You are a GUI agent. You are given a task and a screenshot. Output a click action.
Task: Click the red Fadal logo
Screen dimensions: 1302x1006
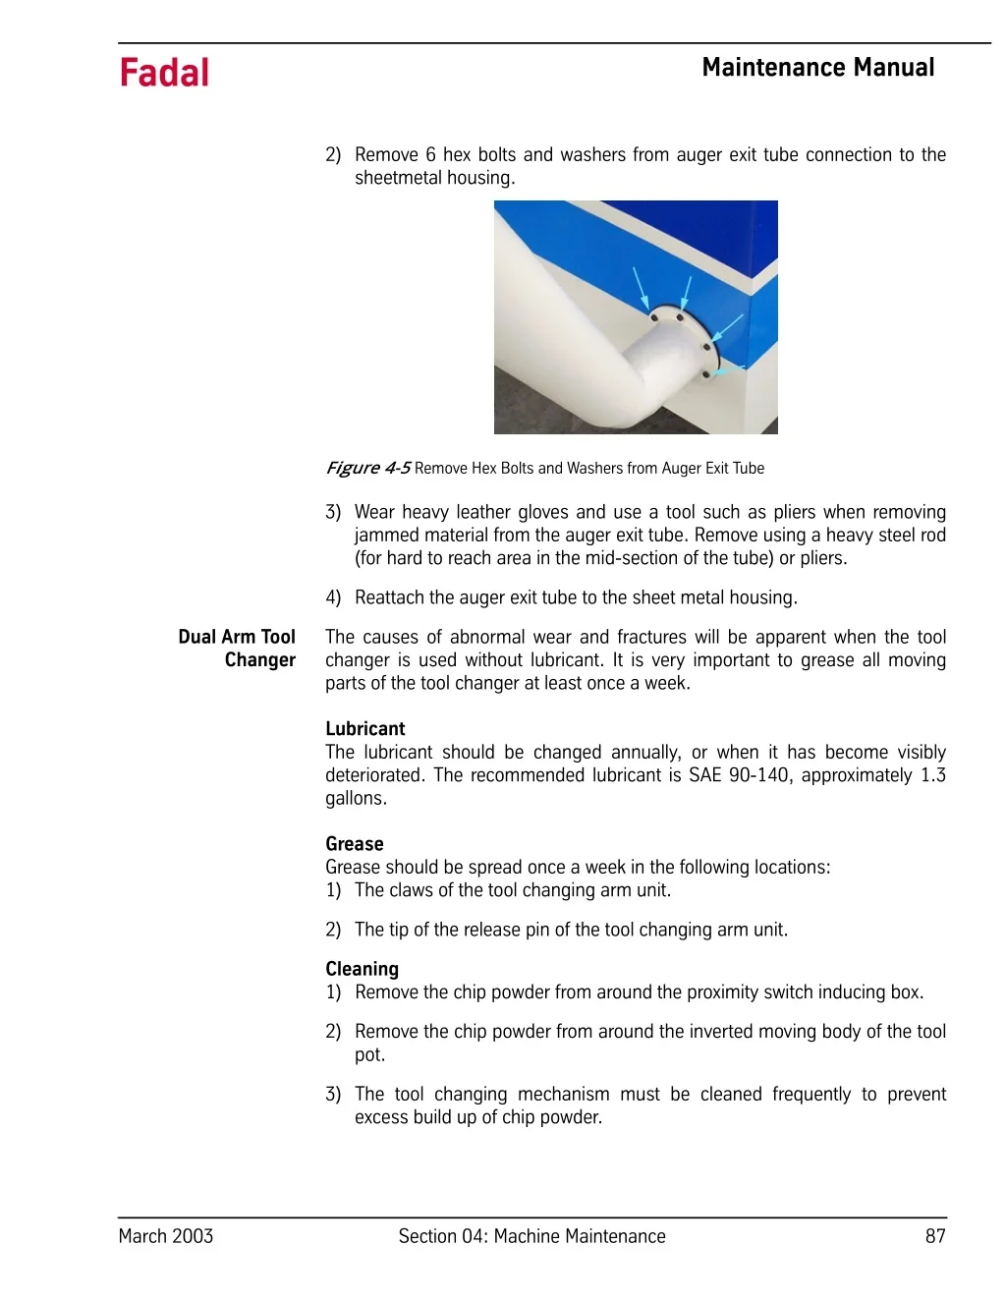164,73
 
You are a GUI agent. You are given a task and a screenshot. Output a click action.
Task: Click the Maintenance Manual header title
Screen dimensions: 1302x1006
817,68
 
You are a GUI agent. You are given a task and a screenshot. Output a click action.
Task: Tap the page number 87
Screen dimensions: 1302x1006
934,1236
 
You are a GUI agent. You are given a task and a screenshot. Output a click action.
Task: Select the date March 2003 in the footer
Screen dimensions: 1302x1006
165,1236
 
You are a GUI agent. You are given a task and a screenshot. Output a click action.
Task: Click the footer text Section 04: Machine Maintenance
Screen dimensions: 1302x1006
531,1236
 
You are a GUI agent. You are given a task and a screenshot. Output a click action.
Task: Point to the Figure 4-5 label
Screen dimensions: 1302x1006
368,468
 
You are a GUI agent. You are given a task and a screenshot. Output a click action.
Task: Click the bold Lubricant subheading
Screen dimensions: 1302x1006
364,728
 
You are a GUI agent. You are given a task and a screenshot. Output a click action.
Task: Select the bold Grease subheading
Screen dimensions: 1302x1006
354,843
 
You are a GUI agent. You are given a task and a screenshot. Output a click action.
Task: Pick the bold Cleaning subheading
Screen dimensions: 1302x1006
362,969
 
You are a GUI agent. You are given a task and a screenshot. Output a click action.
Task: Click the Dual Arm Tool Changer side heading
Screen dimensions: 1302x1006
237,649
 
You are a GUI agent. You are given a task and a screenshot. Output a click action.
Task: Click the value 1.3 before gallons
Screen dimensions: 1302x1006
932,775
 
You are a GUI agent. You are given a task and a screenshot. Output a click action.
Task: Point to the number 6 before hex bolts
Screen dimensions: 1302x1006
430,155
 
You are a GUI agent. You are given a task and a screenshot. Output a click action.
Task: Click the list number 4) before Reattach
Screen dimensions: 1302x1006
333,597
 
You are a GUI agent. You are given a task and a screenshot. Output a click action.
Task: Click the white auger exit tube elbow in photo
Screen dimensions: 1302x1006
589,364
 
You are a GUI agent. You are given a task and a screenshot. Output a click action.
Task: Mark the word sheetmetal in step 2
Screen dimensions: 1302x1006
398,178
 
